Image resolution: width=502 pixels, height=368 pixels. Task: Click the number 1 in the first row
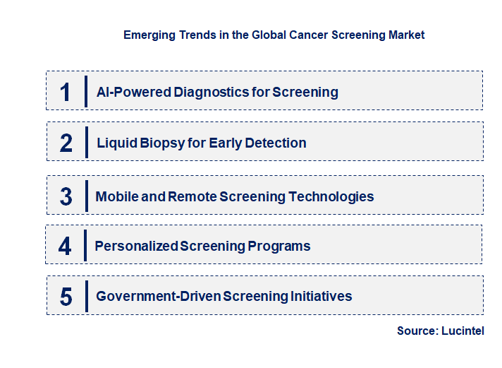tap(66, 92)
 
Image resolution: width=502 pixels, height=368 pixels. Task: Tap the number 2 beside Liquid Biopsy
tap(66, 143)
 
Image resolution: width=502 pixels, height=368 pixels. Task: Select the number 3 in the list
tap(66, 196)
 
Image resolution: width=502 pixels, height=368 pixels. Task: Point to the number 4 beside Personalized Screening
tap(65, 247)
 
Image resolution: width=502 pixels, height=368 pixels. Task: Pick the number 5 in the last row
tap(66, 297)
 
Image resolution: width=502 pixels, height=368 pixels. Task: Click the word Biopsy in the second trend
tap(160, 143)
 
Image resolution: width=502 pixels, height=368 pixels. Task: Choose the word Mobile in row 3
tap(116, 196)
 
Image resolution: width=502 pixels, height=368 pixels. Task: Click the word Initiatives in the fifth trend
tap(322, 297)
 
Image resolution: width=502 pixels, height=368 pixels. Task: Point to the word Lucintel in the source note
tap(464, 331)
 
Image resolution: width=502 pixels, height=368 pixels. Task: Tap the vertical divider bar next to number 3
tap(85, 195)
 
